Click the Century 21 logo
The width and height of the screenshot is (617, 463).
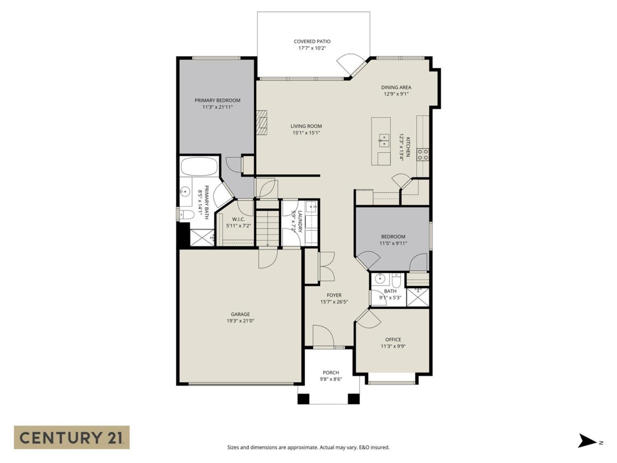coord(71,437)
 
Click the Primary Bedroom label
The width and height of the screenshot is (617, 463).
coord(217,100)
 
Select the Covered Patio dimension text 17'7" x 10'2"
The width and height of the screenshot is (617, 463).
coord(312,48)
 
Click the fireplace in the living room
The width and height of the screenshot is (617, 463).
coord(262,122)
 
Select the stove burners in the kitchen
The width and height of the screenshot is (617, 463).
coord(423,154)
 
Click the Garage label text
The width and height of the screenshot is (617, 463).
coord(240,314)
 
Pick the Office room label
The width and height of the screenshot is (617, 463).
coord(393,340)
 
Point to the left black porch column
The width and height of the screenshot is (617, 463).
coord(303,398)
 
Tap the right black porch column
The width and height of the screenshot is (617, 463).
coord(353,398)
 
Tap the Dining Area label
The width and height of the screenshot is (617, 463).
coord(396,87)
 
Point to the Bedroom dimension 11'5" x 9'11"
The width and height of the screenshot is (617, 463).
coord(393,243)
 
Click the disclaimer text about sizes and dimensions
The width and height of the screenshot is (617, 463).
coord(308,447)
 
